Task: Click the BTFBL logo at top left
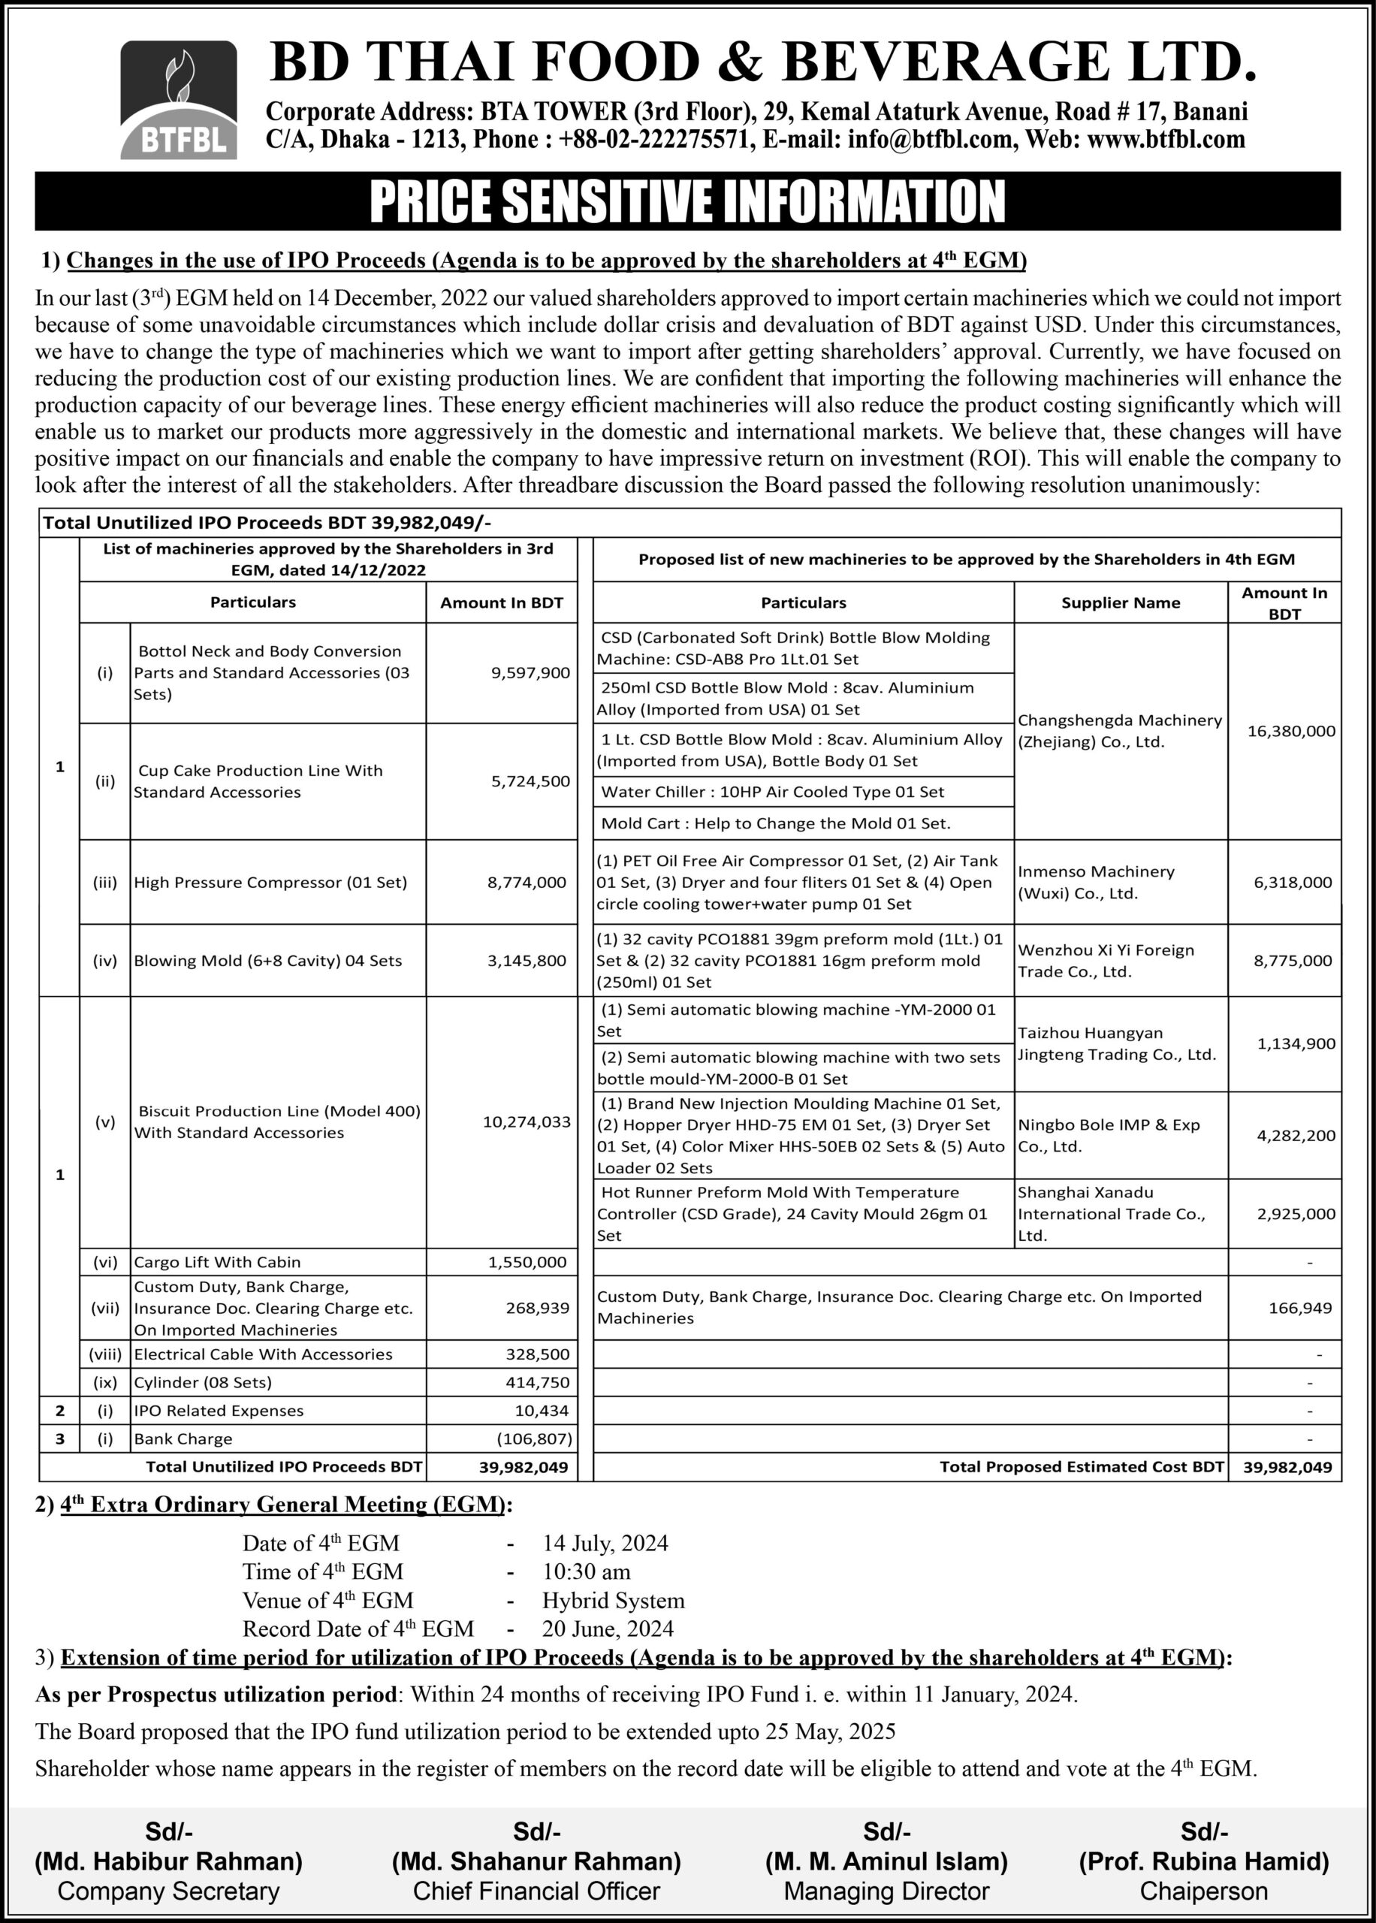point(179,99)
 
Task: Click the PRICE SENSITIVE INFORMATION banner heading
point(687,201)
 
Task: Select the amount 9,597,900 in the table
point(530,672)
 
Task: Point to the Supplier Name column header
point(1120,602)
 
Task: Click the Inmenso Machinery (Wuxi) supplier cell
point(1096,882)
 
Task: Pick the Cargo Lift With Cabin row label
point(217,1261)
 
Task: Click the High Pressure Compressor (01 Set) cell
point(270,882)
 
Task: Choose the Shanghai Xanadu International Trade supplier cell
point(1111,1213)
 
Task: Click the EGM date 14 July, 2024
point(605,1543)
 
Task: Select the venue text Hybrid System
point(614,1600)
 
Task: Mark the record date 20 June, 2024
point(608,1629)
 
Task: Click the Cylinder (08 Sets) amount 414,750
point(540,1381)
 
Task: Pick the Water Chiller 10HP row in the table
point(772,791)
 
